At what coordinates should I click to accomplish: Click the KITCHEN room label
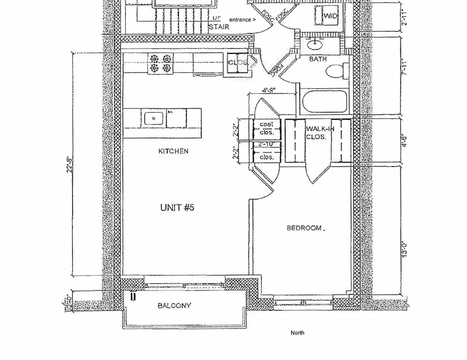tap(173, 151)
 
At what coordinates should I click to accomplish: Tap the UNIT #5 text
tap(177, 207)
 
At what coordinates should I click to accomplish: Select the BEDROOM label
tap(305, 228)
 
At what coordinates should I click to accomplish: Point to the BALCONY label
tap(174, 306)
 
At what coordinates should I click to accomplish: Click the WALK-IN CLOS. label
tap(320, 133)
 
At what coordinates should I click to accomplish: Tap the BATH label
tap(318, 59)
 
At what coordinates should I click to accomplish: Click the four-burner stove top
tap(161, 63)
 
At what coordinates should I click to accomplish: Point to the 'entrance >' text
tap(242, 20)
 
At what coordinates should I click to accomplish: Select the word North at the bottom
tap(297, 333)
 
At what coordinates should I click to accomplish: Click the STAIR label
tap(219, 27)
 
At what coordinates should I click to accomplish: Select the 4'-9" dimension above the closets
tap(269, 90)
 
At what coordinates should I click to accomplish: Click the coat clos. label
tap(267, 128)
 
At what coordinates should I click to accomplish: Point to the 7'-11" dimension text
tap(404, 67)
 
